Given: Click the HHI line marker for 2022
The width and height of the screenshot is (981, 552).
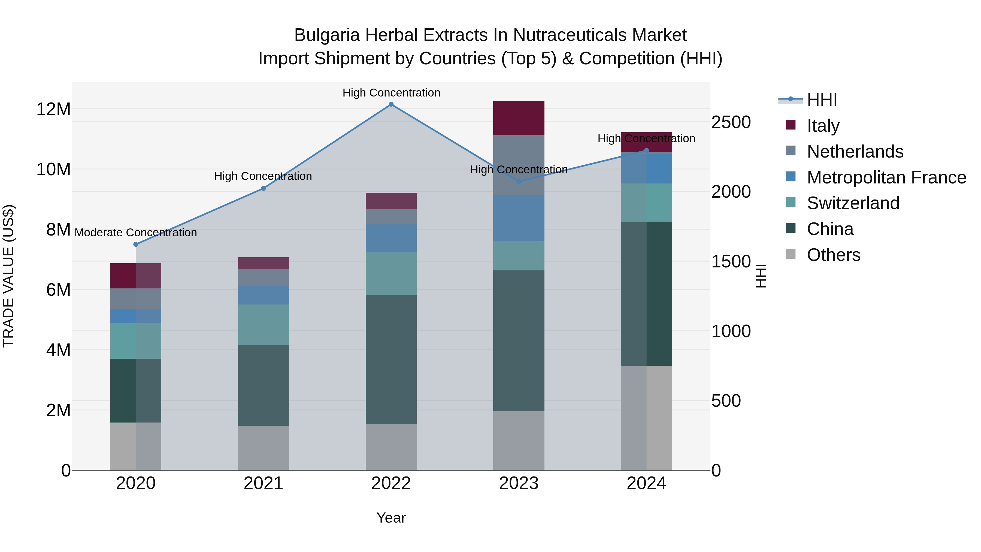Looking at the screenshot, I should [x=391, y=104].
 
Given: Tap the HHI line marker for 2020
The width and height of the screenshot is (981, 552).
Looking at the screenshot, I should [x=136, y=245].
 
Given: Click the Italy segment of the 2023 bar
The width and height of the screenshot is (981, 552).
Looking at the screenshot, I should [x=519, y=118].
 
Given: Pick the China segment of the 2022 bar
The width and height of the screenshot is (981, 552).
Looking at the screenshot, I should [x=391, y=359].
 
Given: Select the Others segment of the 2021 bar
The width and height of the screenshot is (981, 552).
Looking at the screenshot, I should [x=264, y=448].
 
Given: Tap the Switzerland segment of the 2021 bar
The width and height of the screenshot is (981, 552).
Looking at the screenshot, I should [x=264, y=325].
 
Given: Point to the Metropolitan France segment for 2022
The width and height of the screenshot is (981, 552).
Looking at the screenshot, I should [x=391, y=238].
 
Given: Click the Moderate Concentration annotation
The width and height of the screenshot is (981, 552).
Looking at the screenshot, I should [x=136, y=232].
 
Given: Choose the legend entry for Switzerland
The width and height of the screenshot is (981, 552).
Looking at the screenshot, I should [x=853, y=203].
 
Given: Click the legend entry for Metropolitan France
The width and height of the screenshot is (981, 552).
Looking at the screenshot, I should [x=886, y=177].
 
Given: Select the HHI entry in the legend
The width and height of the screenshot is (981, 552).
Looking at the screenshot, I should [x=822, y=100].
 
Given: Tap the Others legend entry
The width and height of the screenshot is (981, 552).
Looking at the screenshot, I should [x=833, y=255].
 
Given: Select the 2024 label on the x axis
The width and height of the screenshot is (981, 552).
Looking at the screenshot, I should [x=646, y=483].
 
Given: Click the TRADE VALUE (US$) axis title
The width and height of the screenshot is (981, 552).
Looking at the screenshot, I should [x=8, y=276].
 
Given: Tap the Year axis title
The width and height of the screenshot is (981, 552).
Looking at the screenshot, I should [x=391, y=518].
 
